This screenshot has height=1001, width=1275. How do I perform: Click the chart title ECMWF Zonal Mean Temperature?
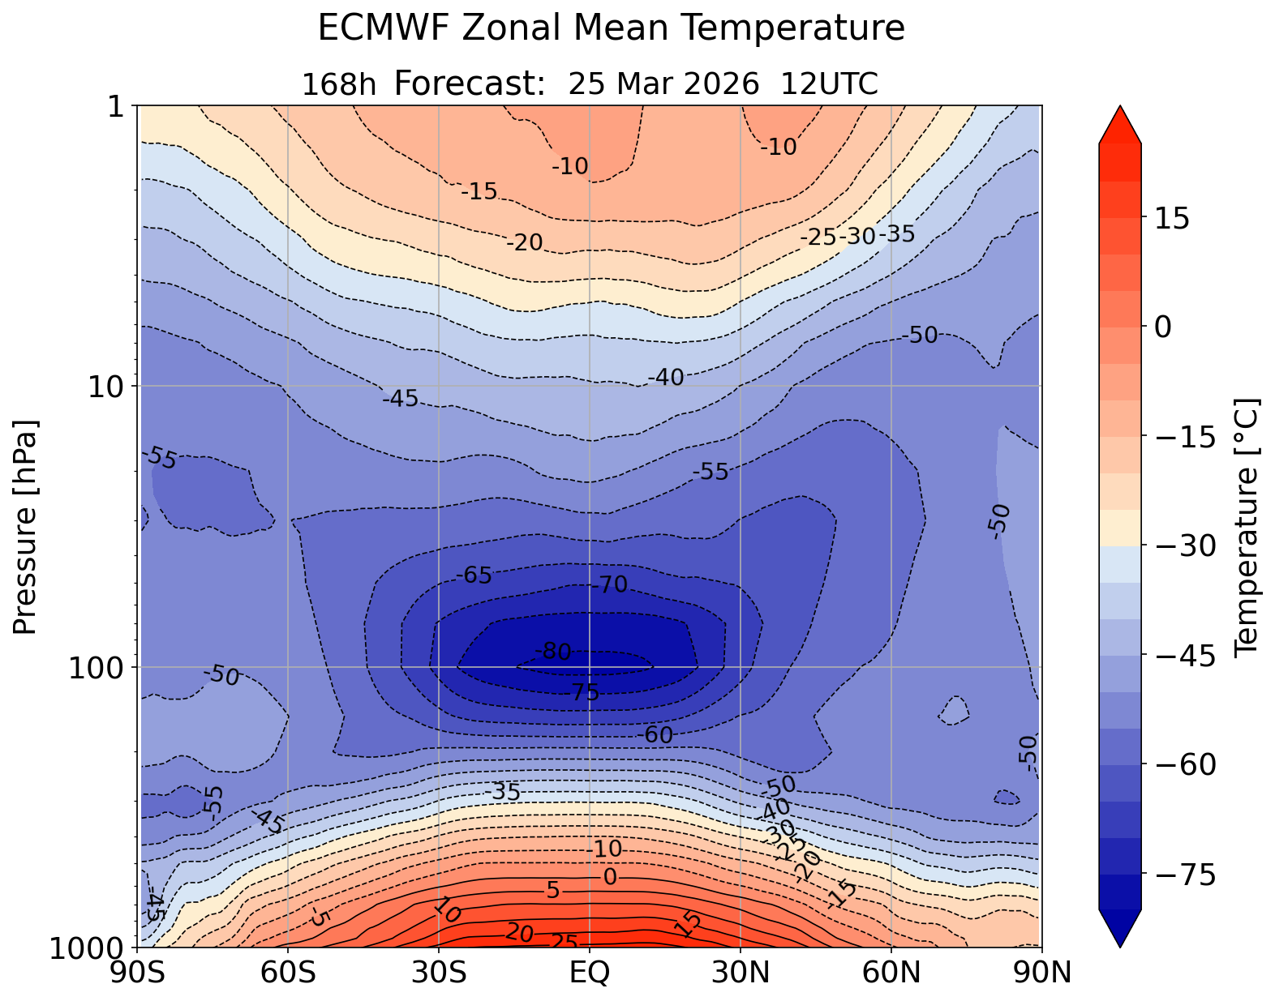pyautogui.click(x=611, y=28)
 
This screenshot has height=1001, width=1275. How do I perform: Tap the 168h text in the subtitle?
pyautogui.click(x=339, y=84)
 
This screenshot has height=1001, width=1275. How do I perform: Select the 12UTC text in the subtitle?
pyautogui.click(x=829, y=84)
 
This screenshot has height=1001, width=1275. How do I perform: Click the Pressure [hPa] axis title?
pyautogui.click(x=26, y=527)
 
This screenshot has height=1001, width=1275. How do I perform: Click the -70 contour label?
pyautogui.click(x=609, y=584)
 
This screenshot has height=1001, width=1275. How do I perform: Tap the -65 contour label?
pyautogui.click(x=474, y=576)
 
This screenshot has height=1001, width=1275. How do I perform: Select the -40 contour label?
pyautogui.click(x=666, y=377)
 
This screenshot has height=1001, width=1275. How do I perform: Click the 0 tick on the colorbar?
pyautogui.click(x=1163, y=327)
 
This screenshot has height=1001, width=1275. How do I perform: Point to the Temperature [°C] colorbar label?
pyautogui.click(x=1245, y=527)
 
